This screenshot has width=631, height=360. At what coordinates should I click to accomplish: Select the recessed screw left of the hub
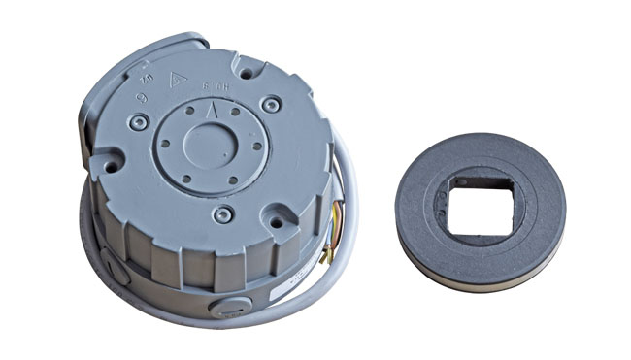click(142, 120)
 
